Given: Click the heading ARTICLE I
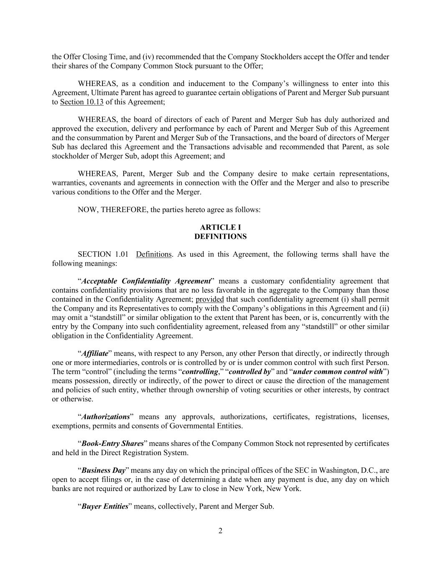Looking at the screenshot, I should pos(220,227).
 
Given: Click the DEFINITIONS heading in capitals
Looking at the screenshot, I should pos(220,236).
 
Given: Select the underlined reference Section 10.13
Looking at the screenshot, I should pos(82,102).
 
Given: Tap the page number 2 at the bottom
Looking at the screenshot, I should pos(220,531).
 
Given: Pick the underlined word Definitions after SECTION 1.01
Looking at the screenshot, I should pos(153,254).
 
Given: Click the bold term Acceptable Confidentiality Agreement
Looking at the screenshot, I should pos(146,281).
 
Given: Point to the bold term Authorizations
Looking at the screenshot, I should pos(105,417).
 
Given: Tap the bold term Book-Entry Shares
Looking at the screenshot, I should pos(112,443).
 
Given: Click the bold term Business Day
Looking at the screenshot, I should pos(103,470).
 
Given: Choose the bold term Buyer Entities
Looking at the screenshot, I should pos(105,506).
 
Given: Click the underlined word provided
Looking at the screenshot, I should pos(209,299).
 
